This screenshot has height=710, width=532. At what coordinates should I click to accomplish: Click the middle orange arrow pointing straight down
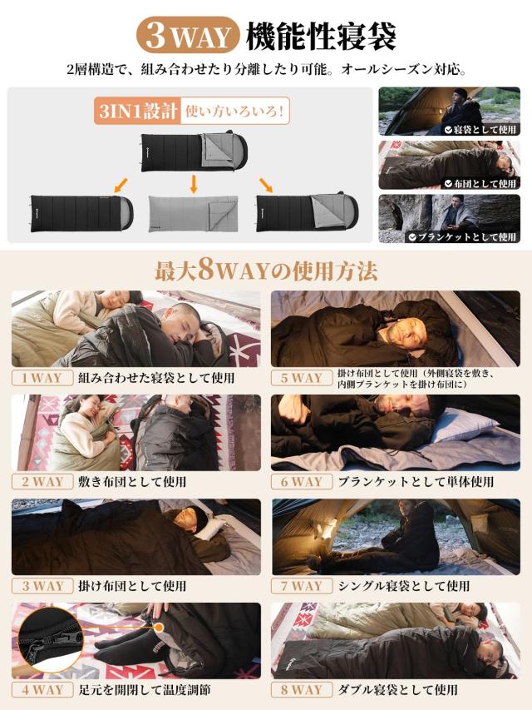point(193,182)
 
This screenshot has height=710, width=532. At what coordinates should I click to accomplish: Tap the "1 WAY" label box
point(42,377)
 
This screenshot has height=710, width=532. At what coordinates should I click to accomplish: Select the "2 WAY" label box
point(42,481)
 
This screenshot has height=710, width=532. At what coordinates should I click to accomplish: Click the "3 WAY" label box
point(42,585)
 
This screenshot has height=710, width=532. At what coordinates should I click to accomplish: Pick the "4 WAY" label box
point(42,689)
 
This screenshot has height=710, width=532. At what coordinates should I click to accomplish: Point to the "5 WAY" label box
point(301,377)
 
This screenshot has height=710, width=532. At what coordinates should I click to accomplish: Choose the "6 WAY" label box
point(301,481)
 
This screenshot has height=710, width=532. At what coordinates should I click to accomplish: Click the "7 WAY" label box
point(301,585)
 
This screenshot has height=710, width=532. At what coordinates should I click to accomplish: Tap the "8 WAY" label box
point(301,689)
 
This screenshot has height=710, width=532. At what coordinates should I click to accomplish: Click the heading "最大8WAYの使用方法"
point(266,271)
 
